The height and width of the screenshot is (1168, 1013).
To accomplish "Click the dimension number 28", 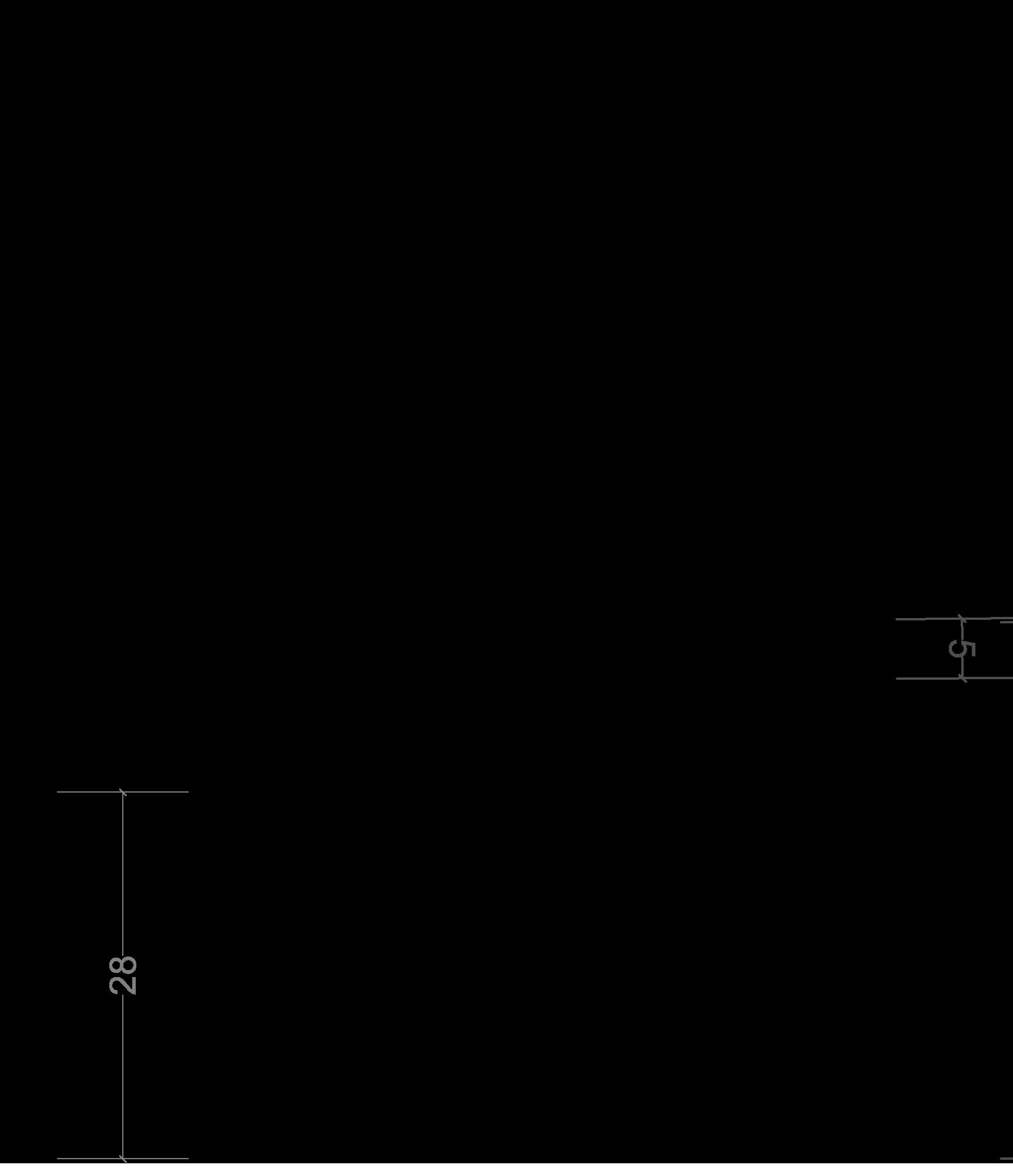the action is click(x=123, y=976).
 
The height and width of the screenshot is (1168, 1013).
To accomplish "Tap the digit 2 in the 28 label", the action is click(x=123, y=986).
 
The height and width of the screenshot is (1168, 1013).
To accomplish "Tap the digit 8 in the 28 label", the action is click(x=123, y=966).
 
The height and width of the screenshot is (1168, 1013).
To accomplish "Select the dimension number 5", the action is click(x=962, y=649).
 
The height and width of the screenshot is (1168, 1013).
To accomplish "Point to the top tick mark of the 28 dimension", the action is click(x=123, y=793).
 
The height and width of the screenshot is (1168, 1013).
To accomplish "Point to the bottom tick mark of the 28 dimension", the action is click(x=123, y=1159).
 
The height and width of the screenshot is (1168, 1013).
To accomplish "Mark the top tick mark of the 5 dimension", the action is click(x=962, y=618).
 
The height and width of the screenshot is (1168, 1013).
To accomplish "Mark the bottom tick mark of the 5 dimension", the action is click(x=962, y=679).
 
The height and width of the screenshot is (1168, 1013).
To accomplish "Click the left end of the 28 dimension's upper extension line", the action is click(x=58, y=792).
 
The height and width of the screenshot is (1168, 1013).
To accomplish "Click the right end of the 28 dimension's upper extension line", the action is click(x=187, y=792).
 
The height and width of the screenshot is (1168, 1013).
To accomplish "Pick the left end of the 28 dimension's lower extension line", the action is click(x=58, y=1159).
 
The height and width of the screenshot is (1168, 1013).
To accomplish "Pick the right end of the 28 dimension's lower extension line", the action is click(x=187, y=1159).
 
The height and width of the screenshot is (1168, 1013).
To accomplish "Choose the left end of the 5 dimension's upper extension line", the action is click(x=897, y=619).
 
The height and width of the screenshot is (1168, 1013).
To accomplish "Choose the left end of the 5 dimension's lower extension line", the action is click(x=897, y=679).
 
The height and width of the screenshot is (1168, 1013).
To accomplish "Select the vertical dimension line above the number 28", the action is click(x=123, y=870).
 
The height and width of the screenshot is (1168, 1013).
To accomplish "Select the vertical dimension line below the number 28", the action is click(x=123, y=1075).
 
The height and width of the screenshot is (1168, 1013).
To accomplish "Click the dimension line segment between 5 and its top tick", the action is click(x=962, y=629).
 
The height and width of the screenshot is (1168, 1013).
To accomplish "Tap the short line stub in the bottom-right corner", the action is click(x=1007, y=1159).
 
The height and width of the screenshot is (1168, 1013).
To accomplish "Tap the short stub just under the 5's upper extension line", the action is click(x=1007, y=622).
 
